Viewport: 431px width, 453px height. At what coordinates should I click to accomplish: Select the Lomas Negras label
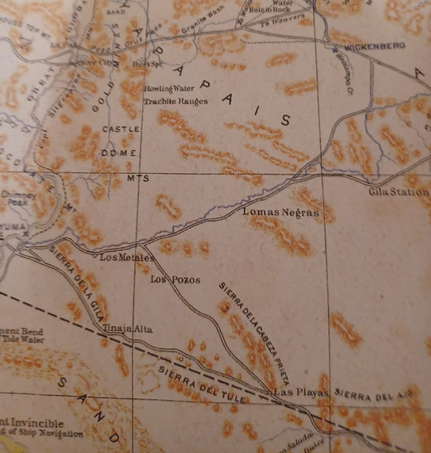[x=280, y=213]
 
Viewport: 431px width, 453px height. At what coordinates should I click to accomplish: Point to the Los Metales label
[x=127, y=257]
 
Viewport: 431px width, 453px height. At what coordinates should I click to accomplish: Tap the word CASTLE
[x=121, y=130]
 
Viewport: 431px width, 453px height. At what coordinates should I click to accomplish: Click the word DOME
[x=121, y=153]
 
